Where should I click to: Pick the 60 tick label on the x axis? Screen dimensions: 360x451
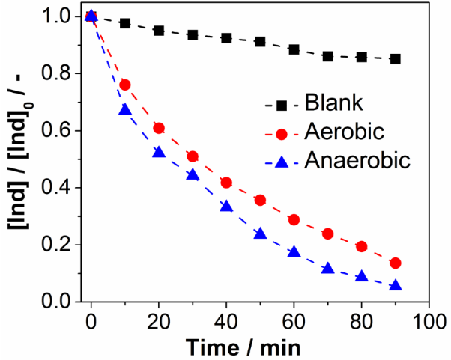click(x=294, y=319)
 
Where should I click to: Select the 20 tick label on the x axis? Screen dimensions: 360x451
click(x=159, y=319)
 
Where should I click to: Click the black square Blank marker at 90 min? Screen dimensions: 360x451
click(x=396, y=58)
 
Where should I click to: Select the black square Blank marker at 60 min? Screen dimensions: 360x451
click(x=294, y=49)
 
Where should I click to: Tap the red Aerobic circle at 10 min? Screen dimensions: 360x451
click(x=125, y=85)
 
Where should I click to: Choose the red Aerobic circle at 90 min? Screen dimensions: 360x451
click(x=396, y=263)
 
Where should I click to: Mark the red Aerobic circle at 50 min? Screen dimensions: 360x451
click(x=260, y=200)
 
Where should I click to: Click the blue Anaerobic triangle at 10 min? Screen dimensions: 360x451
click(x=125, y=109)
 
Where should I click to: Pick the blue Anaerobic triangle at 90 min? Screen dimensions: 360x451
click(x=396, y=285)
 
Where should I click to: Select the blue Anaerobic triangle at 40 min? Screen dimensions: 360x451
click(x=226, y=206)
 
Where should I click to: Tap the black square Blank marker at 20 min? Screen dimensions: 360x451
click(x=159, y=31)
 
